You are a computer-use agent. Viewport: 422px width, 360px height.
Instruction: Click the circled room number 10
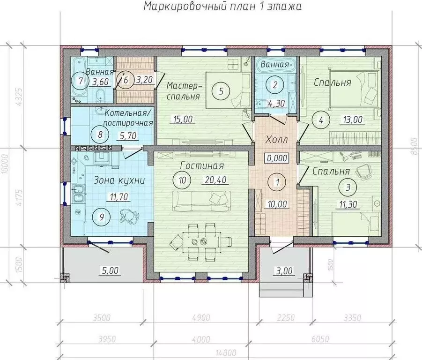tap(183, 180)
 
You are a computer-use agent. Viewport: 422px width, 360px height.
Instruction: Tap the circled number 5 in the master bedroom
tap(221, 91)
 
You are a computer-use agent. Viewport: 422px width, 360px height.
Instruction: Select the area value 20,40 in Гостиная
tap(215, 180)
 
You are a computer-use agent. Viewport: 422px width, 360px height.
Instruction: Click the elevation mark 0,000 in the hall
tap(277, 158)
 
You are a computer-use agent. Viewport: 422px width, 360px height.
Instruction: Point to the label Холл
tap(277, 140)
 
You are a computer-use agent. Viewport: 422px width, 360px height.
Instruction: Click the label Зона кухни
tap(119, 180)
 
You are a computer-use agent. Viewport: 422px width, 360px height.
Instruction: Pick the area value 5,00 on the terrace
tap(111, 270)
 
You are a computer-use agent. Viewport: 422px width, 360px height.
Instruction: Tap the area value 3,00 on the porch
tap(284, 270)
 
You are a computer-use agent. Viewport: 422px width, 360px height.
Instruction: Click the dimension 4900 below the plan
tap(201, 318)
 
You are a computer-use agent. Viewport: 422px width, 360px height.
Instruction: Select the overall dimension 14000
tap(226, 352)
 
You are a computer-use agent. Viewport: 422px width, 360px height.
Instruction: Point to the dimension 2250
tap(286, 318)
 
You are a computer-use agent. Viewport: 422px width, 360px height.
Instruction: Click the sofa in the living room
tap(201, 201)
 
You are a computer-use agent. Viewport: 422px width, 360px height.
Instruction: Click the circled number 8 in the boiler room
tap(100, 135)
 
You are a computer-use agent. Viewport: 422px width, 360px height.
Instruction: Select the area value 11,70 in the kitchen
tap(118, 197)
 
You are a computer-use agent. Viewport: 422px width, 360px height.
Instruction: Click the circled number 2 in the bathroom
tap(275, 85)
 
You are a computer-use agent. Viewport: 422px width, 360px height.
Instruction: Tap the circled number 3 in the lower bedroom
tap(348, 187)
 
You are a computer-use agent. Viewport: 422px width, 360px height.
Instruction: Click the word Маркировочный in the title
tap(185, 6)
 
